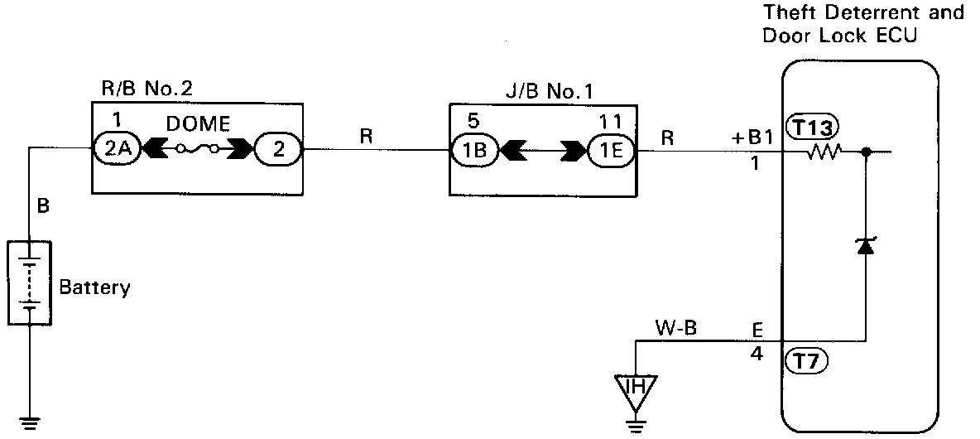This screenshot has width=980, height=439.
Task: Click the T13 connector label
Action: [814, 127]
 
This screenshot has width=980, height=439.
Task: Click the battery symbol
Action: [29, 282]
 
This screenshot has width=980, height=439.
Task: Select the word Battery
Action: [95, 288]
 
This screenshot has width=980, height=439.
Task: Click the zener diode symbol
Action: [866, 246]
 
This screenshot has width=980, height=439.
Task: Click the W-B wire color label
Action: [677, 330]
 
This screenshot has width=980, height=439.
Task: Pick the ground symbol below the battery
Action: [29, 422]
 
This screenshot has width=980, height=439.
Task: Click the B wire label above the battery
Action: [44, 205]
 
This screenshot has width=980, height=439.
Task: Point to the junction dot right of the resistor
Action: [866, 152]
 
